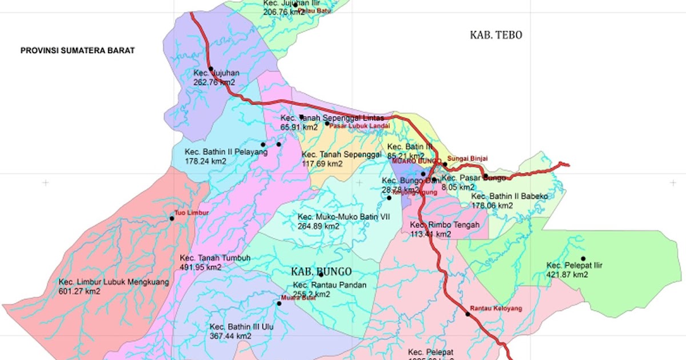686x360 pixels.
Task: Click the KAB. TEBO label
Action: [x=496, y=35]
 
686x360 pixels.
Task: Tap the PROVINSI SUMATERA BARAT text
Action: [x=77, y=50]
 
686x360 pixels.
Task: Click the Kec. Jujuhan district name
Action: [x=216, y=73]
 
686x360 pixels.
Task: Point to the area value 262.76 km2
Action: [x=214, y=82]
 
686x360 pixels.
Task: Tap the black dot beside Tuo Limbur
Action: [x=171, y=218]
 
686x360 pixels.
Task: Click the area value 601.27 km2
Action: [x=79, y=291]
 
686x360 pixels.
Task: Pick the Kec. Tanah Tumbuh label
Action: [x=214, y=258]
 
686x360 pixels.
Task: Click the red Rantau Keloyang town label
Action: [x=496, y=309]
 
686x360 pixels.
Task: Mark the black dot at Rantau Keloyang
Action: [x=468, y=314]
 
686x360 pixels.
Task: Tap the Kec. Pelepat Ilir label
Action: [x=575, y=265]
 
